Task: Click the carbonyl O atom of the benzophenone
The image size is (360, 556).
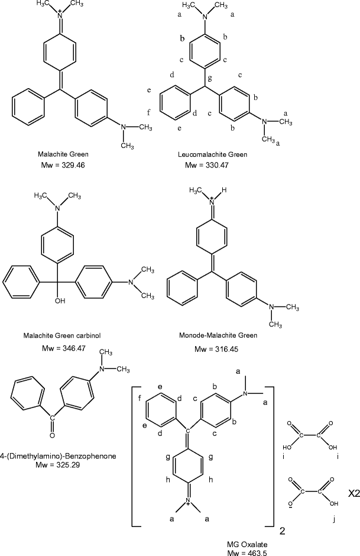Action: pyautogui.click(x=51, y=435)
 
